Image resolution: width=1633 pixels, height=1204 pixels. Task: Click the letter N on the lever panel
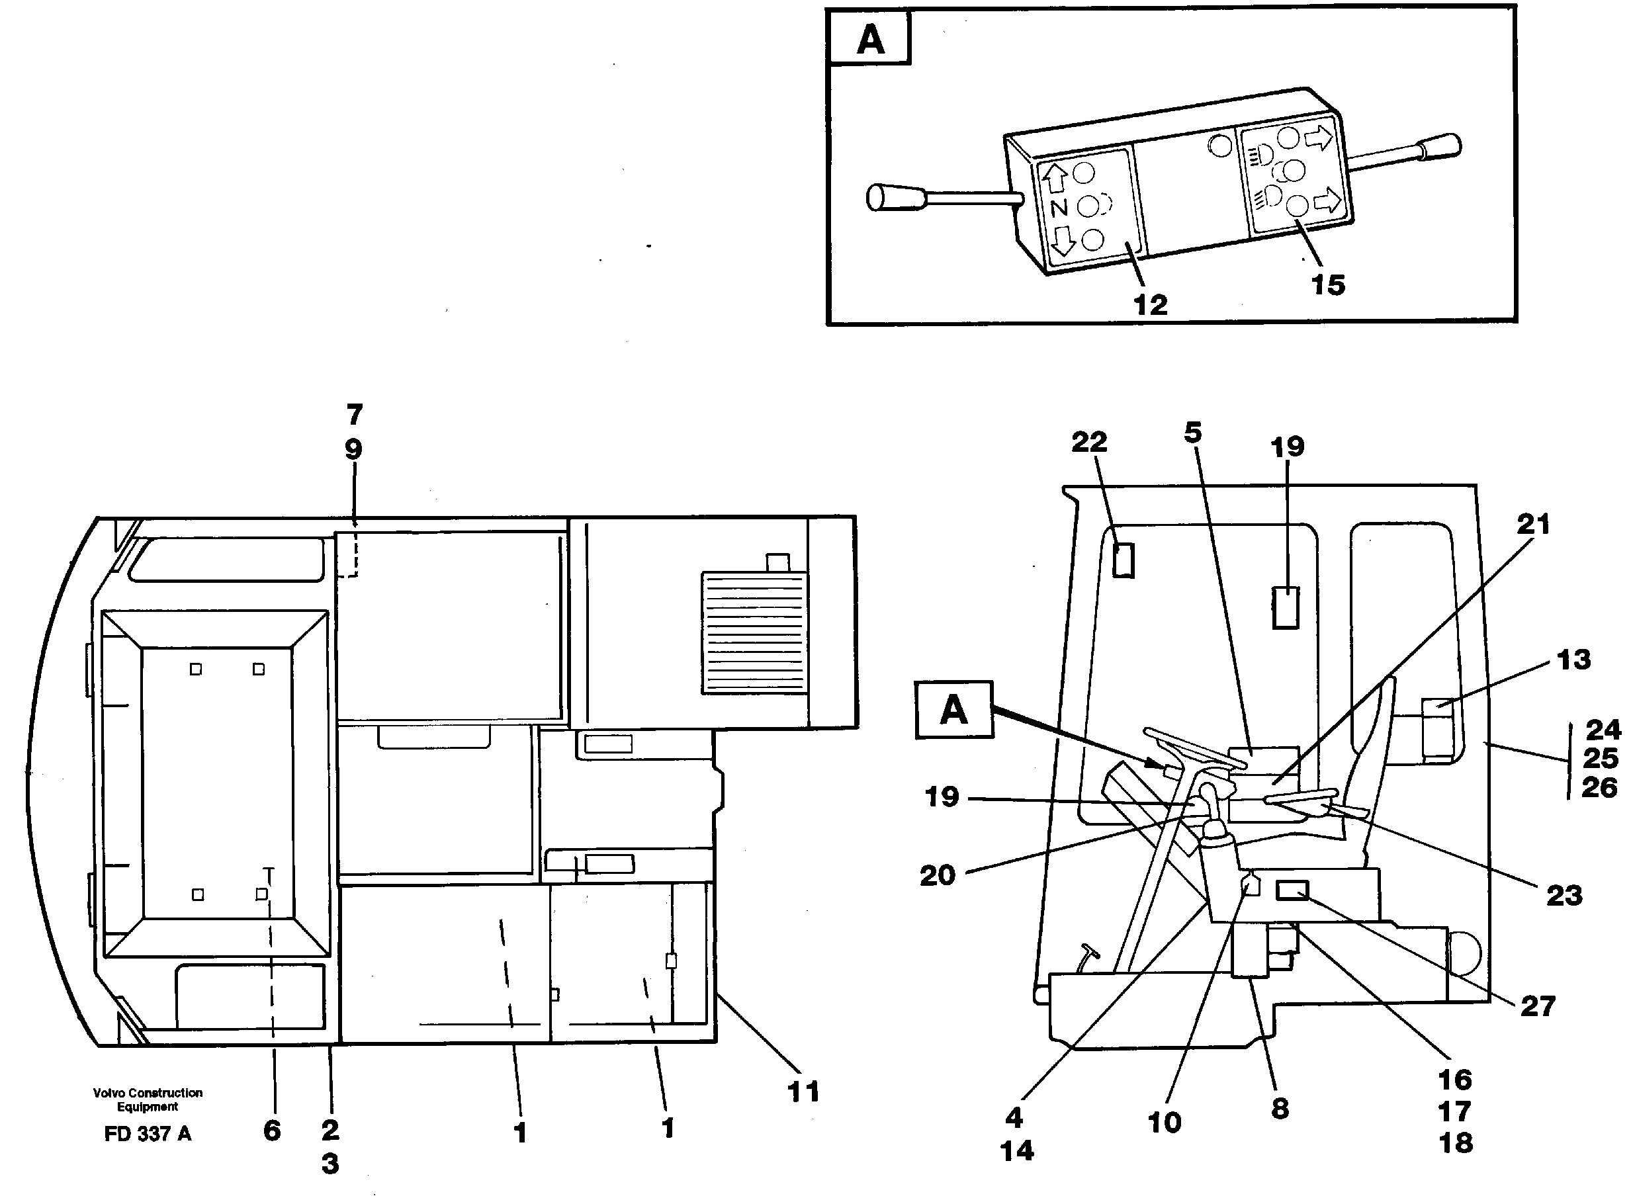[1059, 208]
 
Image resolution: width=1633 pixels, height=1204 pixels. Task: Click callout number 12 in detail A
[1151, 305]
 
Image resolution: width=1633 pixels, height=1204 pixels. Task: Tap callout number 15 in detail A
[1327, 285]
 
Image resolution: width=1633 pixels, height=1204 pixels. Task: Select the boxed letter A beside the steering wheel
[953, 710]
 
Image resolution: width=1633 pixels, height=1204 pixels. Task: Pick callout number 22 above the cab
[1089, 442]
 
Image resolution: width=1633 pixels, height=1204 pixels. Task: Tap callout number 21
[1532, 524]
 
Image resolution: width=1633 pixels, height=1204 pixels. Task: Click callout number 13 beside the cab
[1573, 660]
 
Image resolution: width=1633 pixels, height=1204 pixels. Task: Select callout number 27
[1538, 1006]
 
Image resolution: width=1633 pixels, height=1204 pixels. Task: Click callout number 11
[803, 1092]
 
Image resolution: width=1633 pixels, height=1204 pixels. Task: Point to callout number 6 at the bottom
[272, 1131]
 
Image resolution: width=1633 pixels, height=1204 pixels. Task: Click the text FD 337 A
[148, 1134]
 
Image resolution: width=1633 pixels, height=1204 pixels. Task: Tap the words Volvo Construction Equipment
[148, 1099]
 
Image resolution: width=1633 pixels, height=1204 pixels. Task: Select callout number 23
[1564, 896]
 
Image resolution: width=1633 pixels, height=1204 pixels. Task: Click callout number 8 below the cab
[1280, 1109]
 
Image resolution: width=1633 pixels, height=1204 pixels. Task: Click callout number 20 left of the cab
[938, 875]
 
